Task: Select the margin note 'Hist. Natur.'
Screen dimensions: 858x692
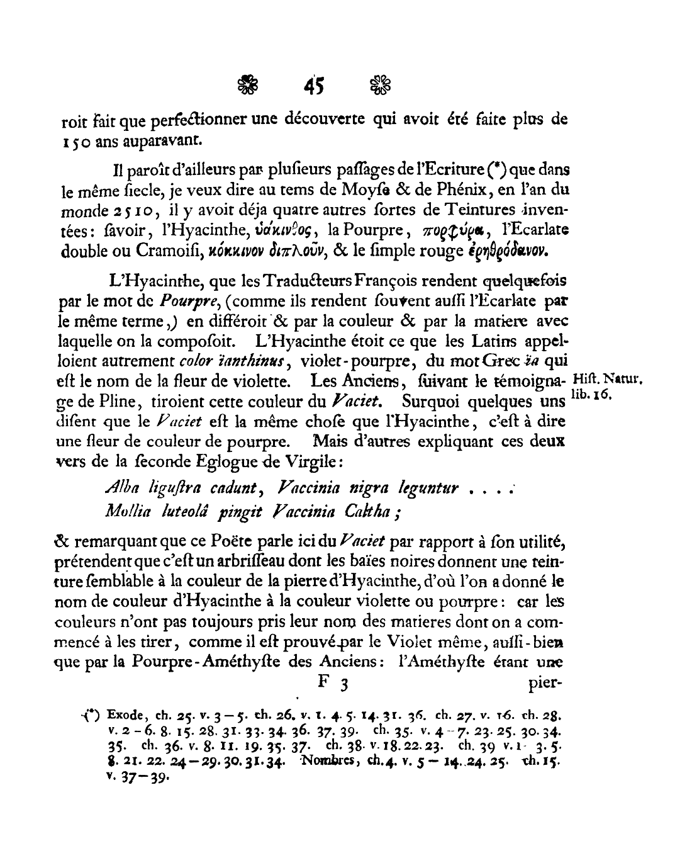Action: (608, 380)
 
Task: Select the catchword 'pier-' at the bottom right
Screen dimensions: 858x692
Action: (545, 683)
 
